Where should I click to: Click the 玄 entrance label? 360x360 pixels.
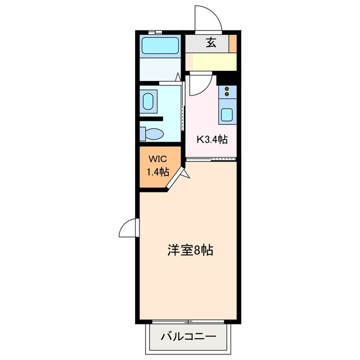211,42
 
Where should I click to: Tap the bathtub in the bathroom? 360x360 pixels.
160,45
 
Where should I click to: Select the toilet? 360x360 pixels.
152,133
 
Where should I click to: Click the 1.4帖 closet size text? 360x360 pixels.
157,172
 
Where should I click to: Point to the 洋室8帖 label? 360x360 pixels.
190,250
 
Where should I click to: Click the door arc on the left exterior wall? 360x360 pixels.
128,228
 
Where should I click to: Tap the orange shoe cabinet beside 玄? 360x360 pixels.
232,43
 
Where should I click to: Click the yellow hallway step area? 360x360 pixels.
211,61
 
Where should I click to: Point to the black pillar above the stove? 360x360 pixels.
226,78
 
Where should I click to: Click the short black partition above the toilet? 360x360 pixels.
152,119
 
